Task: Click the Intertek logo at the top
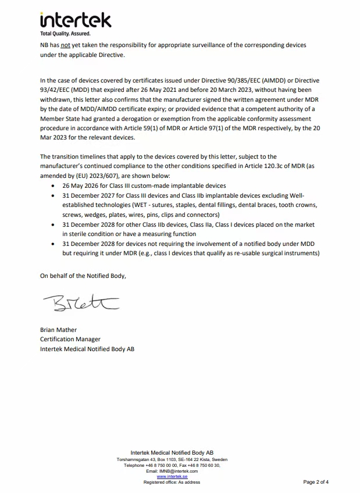point(75,21)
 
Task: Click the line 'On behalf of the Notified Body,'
point(83,276)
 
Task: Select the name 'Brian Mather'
point(59,330)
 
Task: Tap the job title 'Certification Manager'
point(70,339)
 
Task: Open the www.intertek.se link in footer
point(172,477)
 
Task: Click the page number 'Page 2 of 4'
point(316,482)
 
